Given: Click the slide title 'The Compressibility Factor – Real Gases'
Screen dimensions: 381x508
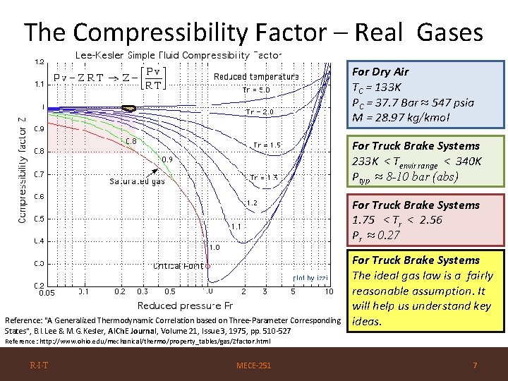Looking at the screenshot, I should tap(253, 32).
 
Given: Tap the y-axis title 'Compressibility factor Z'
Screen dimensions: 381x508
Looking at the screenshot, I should tap(22, 170).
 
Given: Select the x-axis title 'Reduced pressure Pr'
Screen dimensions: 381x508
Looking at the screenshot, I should tap(186, 306).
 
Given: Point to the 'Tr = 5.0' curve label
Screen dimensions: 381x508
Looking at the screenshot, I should tap(255, 90).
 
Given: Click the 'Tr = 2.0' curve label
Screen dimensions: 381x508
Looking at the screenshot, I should tap(259, 111).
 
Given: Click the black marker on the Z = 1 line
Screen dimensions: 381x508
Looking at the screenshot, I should tap(128, 108).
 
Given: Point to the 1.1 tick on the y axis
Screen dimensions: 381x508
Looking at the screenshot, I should tap(40, 84).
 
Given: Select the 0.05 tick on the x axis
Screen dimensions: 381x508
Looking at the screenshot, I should tap(47, 292).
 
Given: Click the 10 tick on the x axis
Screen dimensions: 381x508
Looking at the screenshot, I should tap(329, 291).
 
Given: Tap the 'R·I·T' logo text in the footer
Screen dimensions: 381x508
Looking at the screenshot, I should tap(38, 365).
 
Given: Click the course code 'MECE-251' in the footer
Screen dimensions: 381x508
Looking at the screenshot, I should tap(255, 365).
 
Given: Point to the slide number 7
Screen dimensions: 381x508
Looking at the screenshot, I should tap(476, 365).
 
